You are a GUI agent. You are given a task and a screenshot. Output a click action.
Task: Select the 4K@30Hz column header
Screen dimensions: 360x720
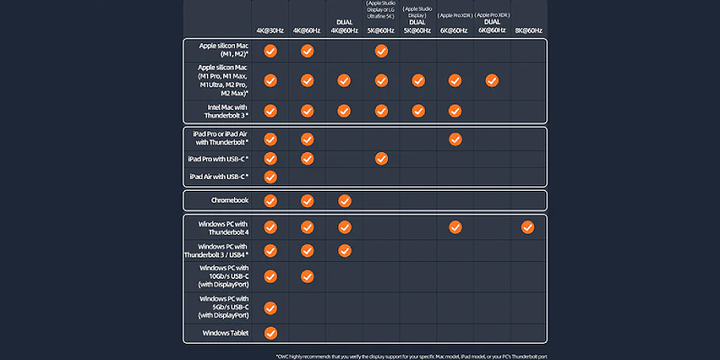[269, 30]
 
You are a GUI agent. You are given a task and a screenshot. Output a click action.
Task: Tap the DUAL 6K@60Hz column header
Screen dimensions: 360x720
[491, 25]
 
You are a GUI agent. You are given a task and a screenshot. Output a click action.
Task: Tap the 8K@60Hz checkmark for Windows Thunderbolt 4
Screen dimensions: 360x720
[527, 227]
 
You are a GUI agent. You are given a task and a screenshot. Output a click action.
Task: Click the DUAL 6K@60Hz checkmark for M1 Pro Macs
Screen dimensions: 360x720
[491, 80]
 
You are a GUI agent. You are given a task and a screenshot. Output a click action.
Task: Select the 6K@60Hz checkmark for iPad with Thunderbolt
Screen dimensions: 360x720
[454, 139]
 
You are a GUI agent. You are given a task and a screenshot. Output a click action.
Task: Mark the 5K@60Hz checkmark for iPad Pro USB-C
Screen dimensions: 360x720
[381, 159]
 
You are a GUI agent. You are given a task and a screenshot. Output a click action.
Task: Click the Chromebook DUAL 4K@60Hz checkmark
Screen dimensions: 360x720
[344, 201]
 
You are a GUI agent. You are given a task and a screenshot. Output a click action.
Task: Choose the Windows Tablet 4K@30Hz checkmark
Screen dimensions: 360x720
[270, 334]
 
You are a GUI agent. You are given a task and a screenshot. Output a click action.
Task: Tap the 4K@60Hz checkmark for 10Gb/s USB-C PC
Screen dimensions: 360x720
[307, 276]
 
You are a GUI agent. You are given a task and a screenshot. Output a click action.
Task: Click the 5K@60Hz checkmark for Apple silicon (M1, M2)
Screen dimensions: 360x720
[381, 50]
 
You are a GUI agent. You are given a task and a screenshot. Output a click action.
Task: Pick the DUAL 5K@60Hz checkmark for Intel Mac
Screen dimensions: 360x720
[418, 110]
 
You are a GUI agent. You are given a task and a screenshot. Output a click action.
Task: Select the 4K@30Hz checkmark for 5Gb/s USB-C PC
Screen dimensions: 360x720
[270, 308]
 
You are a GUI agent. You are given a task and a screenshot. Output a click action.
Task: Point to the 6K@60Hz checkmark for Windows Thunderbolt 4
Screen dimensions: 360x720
[454, 227]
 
